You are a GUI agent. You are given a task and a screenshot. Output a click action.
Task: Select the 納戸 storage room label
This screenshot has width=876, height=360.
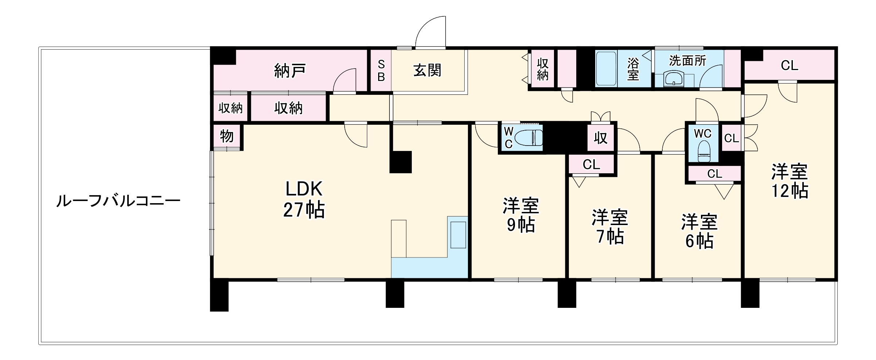click(x=289, y=71)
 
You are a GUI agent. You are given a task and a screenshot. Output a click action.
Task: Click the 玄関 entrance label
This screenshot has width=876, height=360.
click(x=427, y=70)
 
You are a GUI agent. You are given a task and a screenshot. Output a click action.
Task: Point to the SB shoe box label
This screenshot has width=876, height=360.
click(x=381, y=71)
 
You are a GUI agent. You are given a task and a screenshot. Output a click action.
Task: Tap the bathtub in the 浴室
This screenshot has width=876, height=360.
click(x=606, y=69)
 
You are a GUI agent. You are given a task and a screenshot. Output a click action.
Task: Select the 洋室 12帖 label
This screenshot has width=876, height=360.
click(x=789, y=181)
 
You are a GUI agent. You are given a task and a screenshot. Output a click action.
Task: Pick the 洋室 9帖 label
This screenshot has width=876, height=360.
click(x=521, y=215)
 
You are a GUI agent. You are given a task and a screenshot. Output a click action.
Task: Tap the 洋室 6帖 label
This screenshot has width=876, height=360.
click(x=699, y=232)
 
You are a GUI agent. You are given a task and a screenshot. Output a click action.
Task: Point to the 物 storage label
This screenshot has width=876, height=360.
click(x=227, y=136)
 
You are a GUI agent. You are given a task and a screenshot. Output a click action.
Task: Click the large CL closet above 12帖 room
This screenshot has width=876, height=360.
click(x=789, y=66)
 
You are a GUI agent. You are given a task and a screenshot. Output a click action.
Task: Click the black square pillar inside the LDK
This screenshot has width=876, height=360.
click(x=400, y=162)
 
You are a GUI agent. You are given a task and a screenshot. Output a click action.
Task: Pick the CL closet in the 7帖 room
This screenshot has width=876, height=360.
click(x=591, y=164)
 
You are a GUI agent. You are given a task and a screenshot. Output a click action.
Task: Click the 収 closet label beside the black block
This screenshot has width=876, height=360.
click(x=600, y=138)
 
